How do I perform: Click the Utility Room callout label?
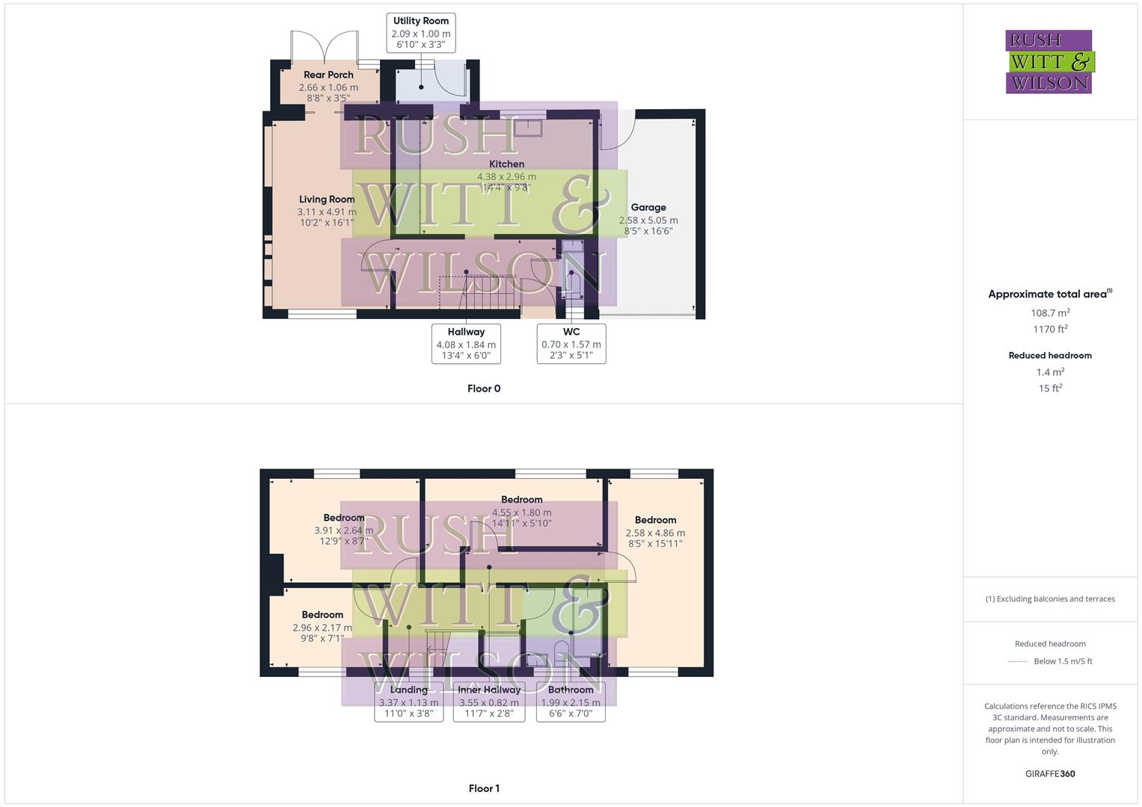tap(420, 33)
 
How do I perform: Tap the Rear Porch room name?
tap(328, 75)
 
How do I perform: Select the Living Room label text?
tap(327, 200)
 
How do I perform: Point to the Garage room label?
tap(648, 208)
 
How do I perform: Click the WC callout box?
tap(571, 344)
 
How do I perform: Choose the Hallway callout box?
tap(466, 344)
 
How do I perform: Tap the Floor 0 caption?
tap(484, 389)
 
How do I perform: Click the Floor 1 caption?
tap(484, 788)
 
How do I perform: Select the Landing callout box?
tap(408, 702)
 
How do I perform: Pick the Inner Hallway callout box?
tap(489, 702)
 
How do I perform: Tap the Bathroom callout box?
tap(571, 702)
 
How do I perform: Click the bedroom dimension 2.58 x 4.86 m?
tap(655, 533)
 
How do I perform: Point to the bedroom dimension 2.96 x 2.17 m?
tap(322, 628)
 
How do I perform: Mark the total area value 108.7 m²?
tap(1050, 313)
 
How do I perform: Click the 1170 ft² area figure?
tap(1050, 329)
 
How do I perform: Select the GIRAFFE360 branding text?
tap(1050, 774)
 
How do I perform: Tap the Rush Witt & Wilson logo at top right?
tap(1049, 61)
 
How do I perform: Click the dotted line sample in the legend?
tap(1019, 661)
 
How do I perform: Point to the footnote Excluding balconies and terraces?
tap(1050, 599)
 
